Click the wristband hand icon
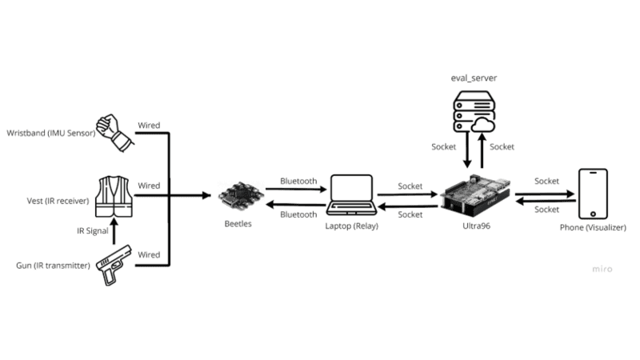click(112, 131)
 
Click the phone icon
click(593, 194)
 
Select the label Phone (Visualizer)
click(593, 228)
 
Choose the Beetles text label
click(238, 224)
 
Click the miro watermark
click(601, 269)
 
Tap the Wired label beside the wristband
click(148, 125)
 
